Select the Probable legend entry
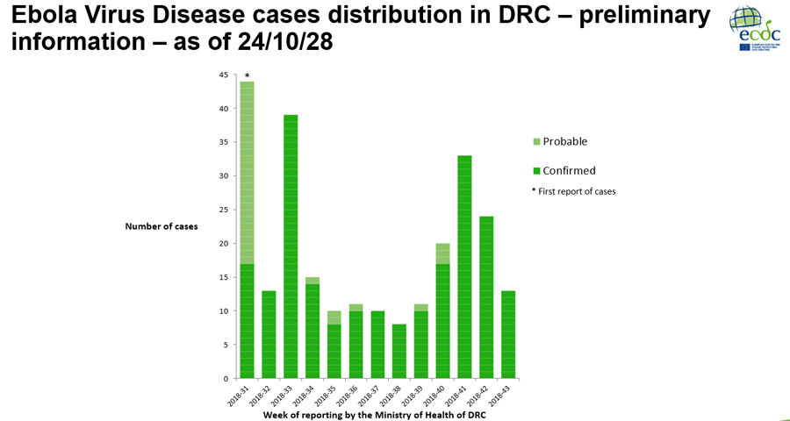tap(564, 141)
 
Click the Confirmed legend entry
tap(569, 171)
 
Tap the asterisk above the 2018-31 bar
tap(247, 76)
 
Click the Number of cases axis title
tap(162, 226)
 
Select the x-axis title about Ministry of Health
tap(374, 414)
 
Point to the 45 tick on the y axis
tap(223, 75)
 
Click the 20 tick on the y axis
tap(223, 243)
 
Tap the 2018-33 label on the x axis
tap(284, 394)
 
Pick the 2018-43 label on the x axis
tap(501, 394)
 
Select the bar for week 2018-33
tap(291, 246)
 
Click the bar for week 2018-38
tap(399, 351)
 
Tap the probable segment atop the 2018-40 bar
tap(443, 253)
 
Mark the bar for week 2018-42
tap(487, 297)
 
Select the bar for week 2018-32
tap(269, 334)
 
